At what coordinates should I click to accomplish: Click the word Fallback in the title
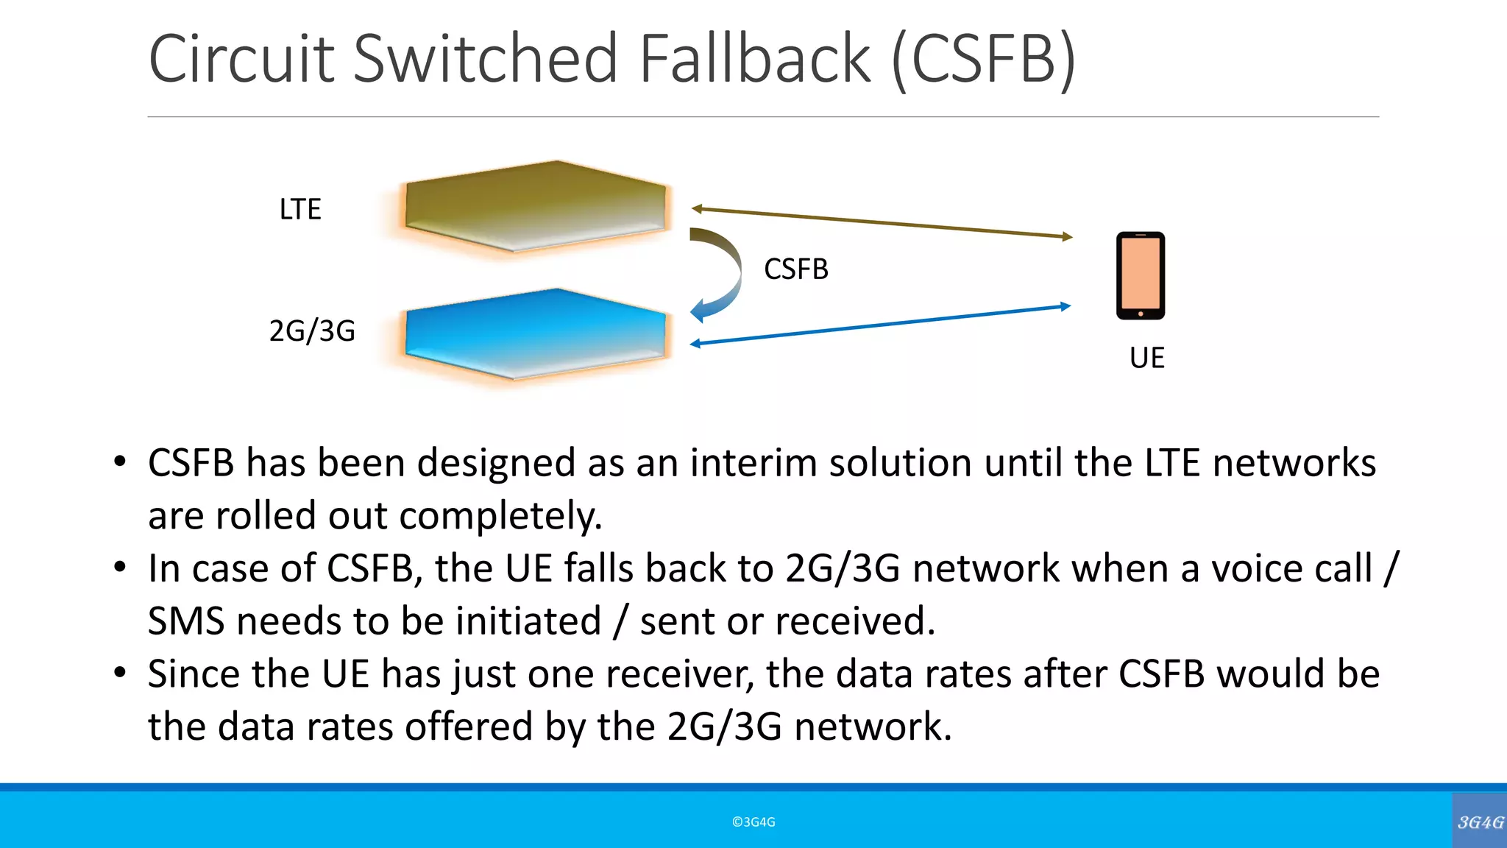754,59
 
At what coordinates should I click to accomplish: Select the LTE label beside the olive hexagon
300,210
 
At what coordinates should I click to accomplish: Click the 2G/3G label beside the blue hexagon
312,331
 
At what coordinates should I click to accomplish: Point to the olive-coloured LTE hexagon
535,206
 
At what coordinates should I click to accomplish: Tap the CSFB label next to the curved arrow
796,269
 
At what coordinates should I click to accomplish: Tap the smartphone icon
1140,275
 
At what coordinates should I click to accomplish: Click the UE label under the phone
1146,358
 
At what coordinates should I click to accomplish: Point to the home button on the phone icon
1141,314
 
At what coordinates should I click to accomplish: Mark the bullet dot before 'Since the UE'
120,673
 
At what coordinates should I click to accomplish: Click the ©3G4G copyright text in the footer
753,822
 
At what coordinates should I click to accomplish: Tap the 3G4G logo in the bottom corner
1480,821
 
